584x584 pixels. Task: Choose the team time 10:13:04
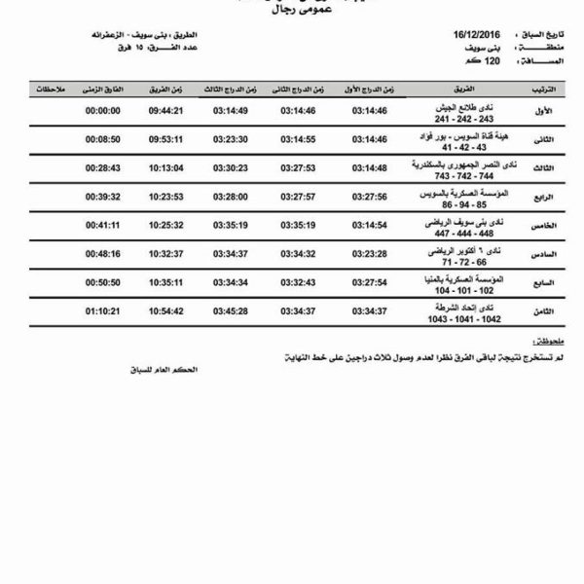tap(166, 167)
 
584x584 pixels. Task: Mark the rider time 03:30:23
tap(230, 167)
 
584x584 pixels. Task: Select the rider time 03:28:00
tap(230, 196)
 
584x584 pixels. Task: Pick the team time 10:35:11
tap(166, 282)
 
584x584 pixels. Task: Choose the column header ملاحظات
tap(46, 88)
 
